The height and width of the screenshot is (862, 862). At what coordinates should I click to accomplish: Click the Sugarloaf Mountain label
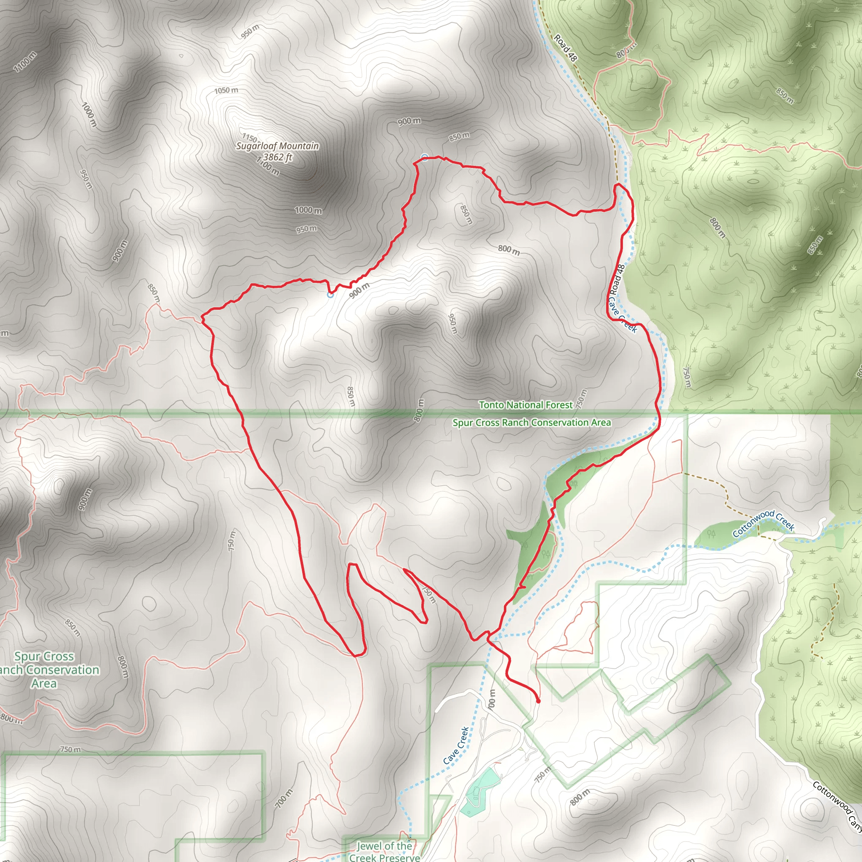[277, 146]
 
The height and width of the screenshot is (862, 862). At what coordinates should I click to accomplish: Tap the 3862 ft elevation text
[277, 157]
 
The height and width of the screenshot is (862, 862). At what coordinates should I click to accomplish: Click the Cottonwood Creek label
[764, 523]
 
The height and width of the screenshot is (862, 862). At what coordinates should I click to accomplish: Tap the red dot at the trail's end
[538, 701]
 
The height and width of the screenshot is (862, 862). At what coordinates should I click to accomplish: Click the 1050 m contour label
[226, 90]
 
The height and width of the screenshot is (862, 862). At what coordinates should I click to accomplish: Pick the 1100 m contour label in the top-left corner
[25, 61]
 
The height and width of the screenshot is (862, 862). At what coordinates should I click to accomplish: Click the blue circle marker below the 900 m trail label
[330, 295]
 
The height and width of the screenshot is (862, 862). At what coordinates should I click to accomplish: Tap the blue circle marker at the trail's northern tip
[425, 157]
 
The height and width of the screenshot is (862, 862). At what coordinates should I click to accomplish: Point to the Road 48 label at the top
[565, 48]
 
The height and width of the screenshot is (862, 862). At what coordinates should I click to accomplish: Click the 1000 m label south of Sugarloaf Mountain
[308, 210]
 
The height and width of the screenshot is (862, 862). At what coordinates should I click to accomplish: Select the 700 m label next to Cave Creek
[491, 699]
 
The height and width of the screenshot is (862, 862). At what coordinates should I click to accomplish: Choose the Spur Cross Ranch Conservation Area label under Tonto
[532, 422]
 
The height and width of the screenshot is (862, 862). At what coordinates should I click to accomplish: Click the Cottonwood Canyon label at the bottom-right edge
[837, 806]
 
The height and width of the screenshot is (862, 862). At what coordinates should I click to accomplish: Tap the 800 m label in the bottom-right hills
[580, 797]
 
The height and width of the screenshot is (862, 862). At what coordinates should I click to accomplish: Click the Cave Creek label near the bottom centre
[456, 745]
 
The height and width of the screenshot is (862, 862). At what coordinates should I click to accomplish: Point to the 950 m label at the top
[250, 31]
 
